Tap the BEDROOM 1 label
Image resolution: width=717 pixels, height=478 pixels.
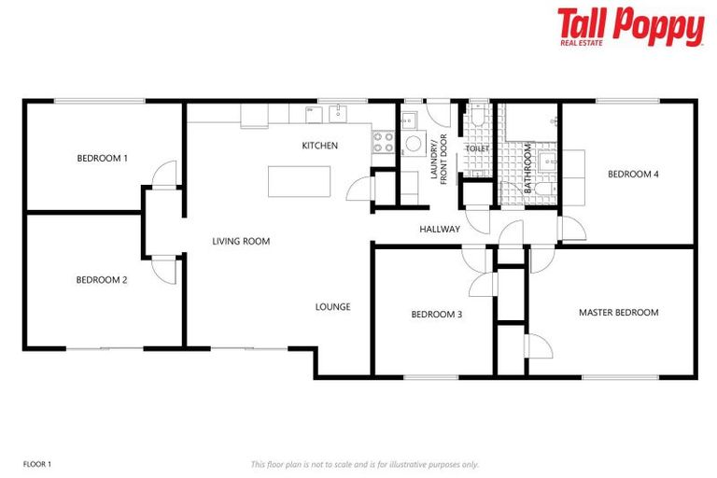coord(102,158)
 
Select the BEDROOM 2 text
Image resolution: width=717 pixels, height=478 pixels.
coord(102,279)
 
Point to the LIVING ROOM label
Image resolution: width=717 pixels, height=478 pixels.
coord(241,241)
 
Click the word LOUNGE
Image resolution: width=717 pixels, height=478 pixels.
coord(332,306)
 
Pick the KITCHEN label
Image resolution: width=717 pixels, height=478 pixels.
coord(319,146)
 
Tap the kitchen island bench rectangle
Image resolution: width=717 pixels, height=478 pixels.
coord(299,181)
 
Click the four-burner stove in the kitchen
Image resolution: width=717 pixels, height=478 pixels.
coord(384,142)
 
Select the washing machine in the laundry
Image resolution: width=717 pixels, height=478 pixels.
coord(413,145)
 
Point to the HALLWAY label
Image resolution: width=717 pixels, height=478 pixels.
coord(438,229)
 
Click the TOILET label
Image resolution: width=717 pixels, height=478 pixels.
coord(477,148)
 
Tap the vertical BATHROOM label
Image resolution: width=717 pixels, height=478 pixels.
coord(527,168)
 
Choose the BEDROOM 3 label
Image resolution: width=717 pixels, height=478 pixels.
coord(437,314)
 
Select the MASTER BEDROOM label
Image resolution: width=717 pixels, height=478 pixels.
coord(618,312)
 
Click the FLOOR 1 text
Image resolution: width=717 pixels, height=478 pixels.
coord(36,463)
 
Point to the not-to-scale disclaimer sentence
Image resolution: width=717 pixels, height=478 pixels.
coord(364,463)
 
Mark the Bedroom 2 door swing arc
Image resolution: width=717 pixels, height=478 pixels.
coord(165,270)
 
